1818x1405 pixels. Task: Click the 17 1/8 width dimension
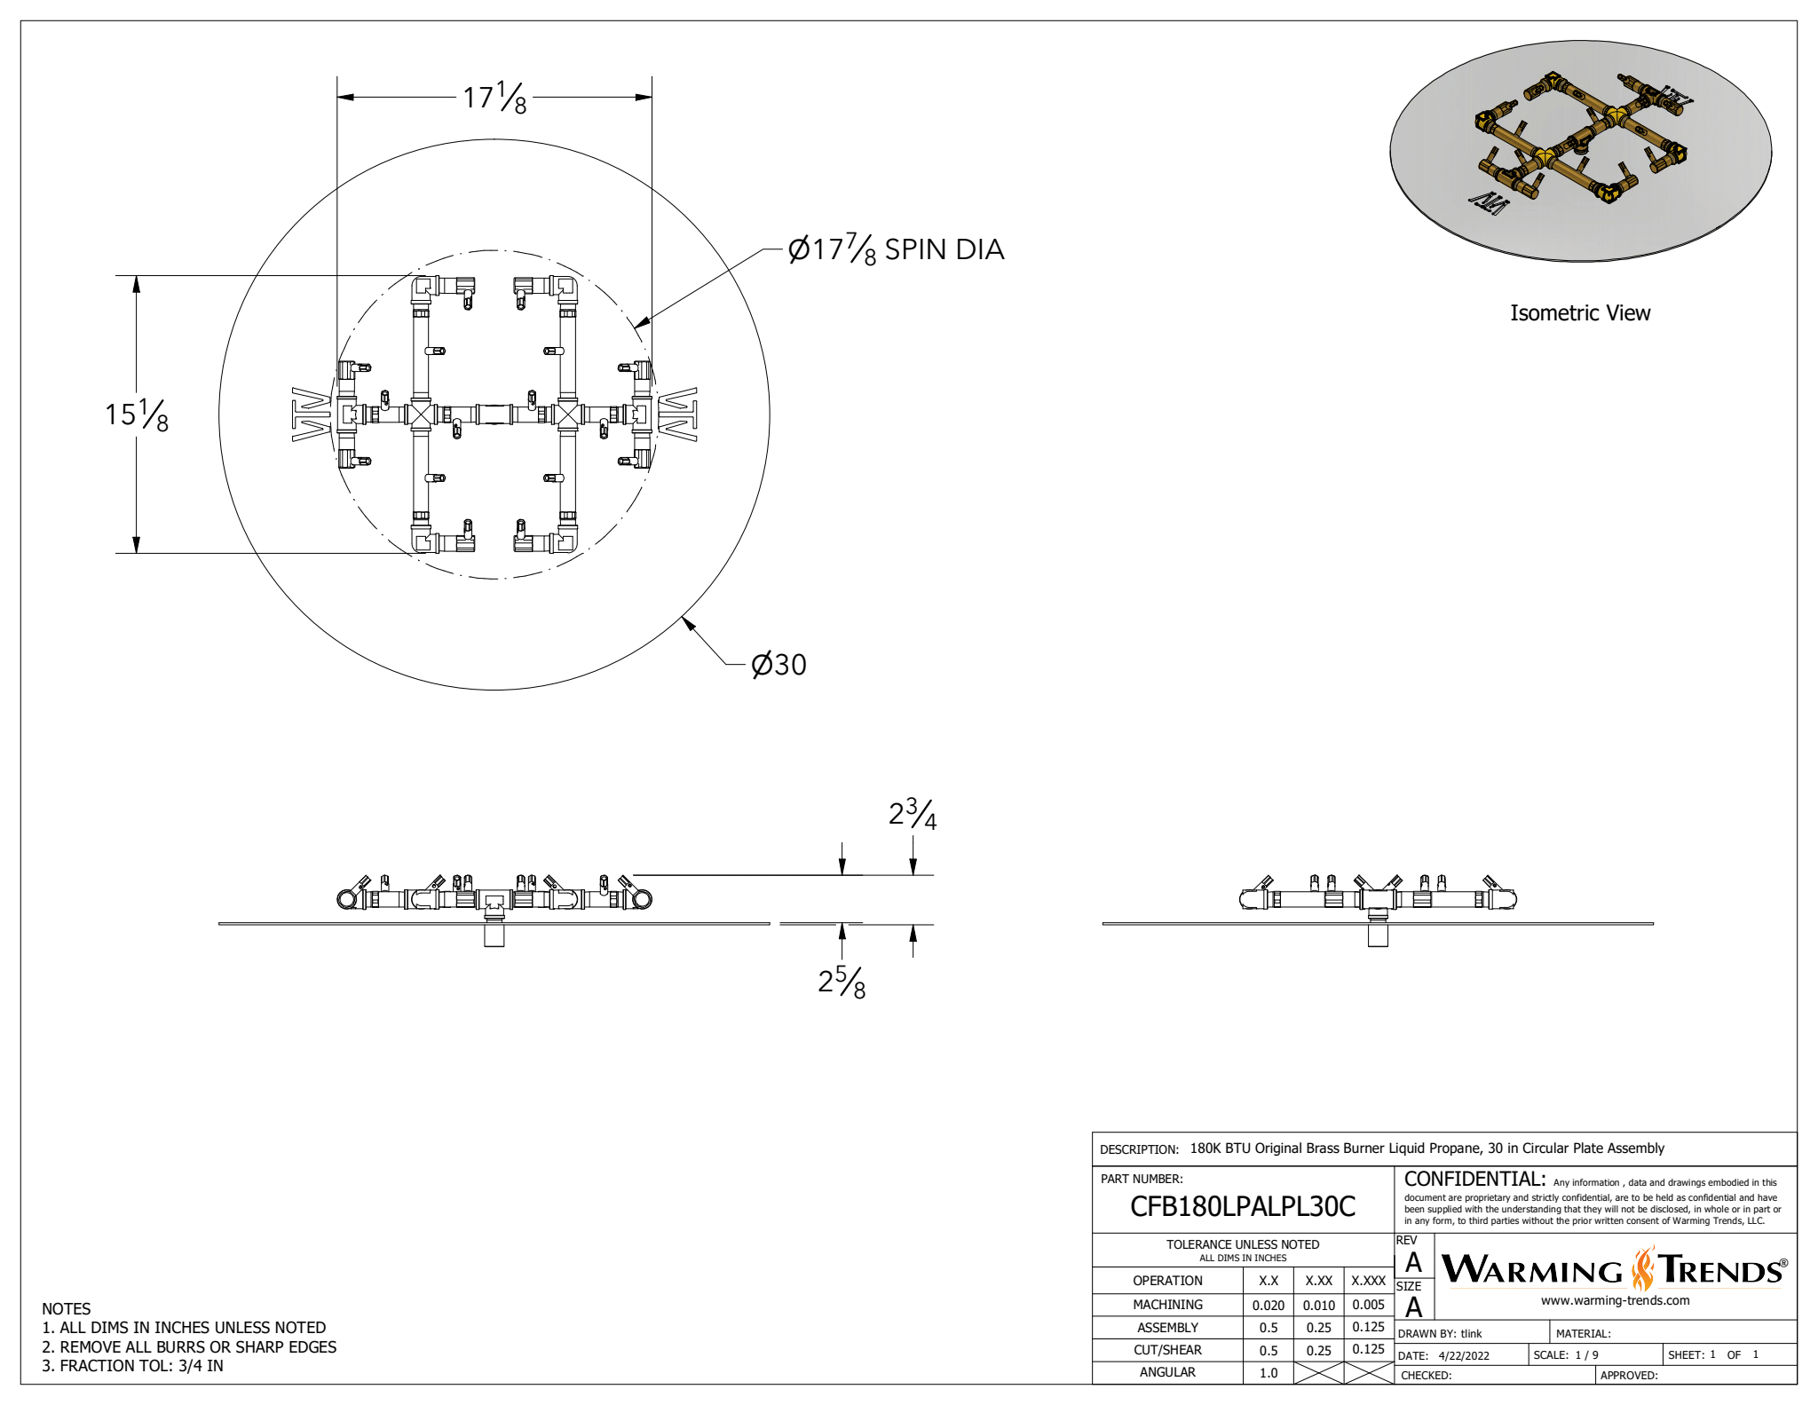[494, 98]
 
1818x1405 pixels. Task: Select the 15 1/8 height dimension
[137, 414]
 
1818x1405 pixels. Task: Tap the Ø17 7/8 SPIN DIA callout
[896, 249]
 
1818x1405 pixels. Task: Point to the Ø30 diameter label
[779, 665]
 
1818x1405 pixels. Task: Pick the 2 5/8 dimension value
[841, 982]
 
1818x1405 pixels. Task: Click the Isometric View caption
[1579, 313]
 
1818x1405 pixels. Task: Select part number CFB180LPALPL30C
[1242, 1207]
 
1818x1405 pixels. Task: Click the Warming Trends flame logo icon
[1643, 1269]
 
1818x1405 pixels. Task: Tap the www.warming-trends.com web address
[1615, 1301]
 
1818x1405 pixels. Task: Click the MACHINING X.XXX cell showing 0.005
[1368, 1305]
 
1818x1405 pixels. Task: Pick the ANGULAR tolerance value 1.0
[1269, 1373]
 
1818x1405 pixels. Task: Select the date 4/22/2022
[1464, 1356]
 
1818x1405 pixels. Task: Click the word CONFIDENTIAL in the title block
[1474, 1180]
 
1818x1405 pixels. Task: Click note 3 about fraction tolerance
[133, 1366]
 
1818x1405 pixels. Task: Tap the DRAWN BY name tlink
[1471, 1334]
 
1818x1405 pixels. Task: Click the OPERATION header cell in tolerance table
[1167, 1281]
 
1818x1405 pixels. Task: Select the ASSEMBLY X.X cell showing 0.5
[1269, 1328]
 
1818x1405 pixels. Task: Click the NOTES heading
[67, 1309]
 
